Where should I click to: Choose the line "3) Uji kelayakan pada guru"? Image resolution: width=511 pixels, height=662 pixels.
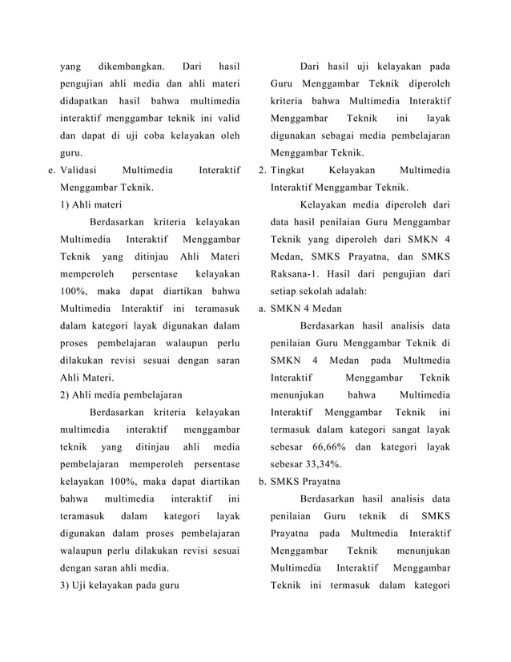[x=120, y=584]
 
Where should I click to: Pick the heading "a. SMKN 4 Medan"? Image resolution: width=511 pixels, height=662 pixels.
[x=300, y=308]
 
